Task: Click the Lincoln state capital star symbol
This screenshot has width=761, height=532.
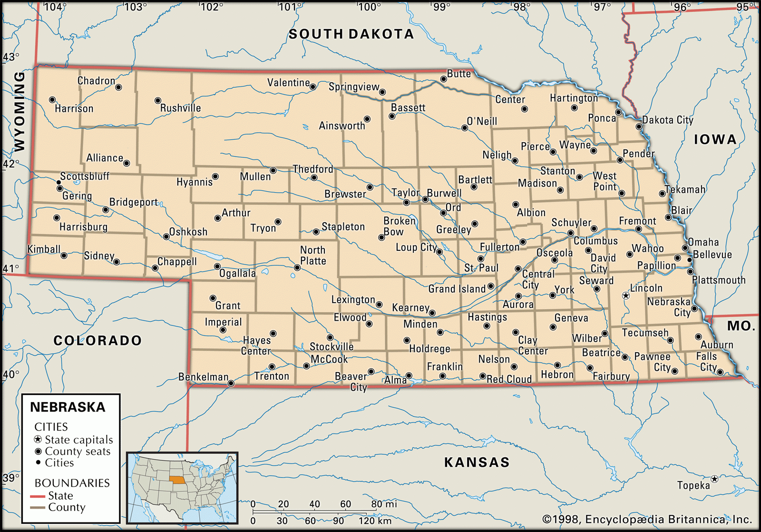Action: pos(626,296)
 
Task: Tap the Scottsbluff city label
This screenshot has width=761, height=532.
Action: pos(85,177)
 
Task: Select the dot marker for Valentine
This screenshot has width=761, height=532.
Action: pos(313,87)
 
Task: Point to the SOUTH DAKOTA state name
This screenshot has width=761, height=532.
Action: pos(351,34)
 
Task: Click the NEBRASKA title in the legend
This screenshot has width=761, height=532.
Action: pos(68,407)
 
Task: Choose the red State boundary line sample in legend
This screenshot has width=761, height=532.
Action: pos(38,496)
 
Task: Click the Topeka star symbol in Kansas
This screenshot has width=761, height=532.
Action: pos(714,479)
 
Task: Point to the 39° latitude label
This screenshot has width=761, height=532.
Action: pos(11,478)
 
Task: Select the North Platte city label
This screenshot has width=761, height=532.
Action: pos(313,256)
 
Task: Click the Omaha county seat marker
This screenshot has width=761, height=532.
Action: pos(685,248)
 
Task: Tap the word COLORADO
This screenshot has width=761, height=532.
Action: pos(98,341)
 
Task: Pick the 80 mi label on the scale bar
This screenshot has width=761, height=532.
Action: pos(384,504)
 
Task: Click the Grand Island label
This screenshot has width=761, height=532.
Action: pos(457,289)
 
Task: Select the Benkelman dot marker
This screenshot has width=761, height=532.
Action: pos(231,383)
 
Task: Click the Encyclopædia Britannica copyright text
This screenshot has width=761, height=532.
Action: pos(647,519)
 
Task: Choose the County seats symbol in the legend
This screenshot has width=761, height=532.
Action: pos(39,451)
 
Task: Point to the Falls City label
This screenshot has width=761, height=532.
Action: pos(707,362)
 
